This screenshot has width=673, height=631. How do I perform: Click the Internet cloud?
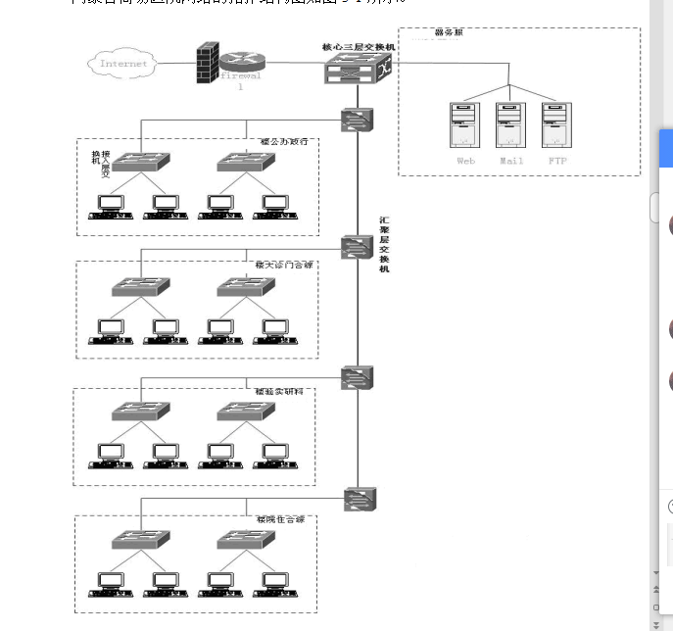[123, 64]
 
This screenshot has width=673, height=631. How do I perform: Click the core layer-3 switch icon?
[359, 69]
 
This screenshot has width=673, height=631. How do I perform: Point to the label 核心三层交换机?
[359, 46]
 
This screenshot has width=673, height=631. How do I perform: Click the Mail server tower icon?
[510, 124]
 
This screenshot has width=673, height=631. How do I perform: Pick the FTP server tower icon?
[556, 124]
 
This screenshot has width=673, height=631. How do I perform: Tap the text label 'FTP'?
[556, 161]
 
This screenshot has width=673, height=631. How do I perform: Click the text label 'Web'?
[465, 161]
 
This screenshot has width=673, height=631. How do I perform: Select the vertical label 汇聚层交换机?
[384, 244]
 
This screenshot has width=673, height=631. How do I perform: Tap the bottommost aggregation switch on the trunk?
[360, 500]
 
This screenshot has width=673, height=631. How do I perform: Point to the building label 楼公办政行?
[284, 142]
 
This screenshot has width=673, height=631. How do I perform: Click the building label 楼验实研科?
[279, 392]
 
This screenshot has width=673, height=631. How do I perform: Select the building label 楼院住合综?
[280, 519]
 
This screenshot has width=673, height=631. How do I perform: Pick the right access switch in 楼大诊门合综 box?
[243, 287]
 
